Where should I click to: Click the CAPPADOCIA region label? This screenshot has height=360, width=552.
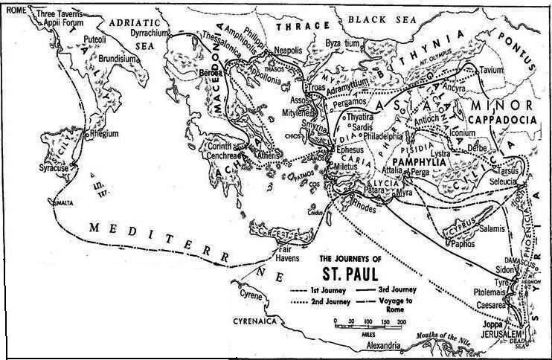[503, 118]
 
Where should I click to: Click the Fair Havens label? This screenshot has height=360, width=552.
[288, 254]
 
